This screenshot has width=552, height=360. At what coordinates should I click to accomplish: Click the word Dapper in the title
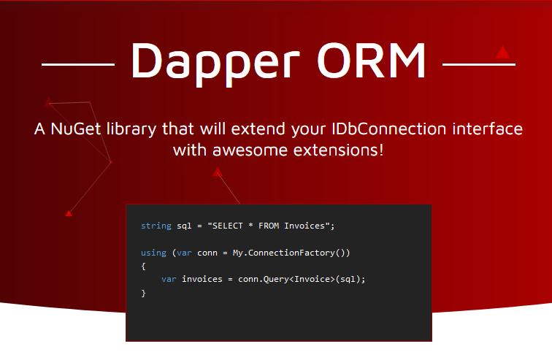[215, 64]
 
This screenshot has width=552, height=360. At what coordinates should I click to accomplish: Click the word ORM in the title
[372, 60]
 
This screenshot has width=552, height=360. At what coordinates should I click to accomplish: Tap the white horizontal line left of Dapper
[78, 64]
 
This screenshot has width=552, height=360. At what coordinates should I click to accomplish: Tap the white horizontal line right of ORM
[479, 64]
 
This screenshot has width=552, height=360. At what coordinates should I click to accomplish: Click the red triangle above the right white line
[502, 53]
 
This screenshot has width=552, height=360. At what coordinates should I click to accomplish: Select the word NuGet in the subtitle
[76, 129]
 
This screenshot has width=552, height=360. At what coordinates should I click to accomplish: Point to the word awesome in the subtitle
[250, 150]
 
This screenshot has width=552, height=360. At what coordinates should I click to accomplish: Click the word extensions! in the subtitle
[338, 150]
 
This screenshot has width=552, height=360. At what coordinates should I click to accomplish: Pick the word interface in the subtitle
[487, 129]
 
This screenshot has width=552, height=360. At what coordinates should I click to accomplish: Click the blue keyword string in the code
[156, 226]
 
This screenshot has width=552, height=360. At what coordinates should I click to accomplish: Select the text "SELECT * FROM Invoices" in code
[269, 226]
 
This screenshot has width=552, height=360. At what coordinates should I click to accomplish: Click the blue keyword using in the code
[153, 253]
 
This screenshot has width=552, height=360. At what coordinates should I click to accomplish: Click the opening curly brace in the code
[143, 266]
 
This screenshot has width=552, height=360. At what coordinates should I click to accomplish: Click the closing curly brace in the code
[143, 293]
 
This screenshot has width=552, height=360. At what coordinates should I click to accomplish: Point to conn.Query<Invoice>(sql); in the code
[302, 279]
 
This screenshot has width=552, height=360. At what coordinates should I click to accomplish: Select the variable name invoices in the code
[202, 279]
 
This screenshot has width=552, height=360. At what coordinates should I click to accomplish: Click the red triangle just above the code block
[218, 172]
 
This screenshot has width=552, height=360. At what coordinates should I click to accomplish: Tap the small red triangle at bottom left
[69, 213]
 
